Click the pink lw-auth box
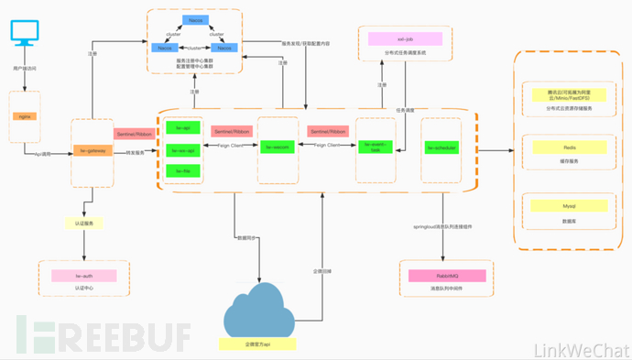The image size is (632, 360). [x=88, y=275]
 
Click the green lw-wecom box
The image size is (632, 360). [x=278, y=147]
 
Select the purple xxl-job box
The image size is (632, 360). [x=402, y=38]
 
